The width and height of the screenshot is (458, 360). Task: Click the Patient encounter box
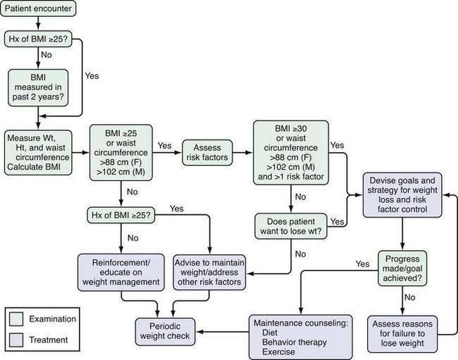pyautogui.click(x=38, y=8)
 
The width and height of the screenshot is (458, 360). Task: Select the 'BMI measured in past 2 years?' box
pyautogui.click(x=38, y=87)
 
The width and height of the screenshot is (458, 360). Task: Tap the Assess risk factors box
pyautogui.click(x=207, y=152)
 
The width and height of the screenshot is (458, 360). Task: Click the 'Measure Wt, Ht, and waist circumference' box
pyautogui.click(x=38, y=152)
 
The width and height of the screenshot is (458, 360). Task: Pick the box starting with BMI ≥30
pyautogui.click(x=290, y=153)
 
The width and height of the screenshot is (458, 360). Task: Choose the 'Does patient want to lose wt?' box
pyautogui.click(x=290, y=226)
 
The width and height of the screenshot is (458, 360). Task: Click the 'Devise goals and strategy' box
pyautogui.click(x=402, y=195)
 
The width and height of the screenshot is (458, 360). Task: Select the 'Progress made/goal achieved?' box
pyautogui.click(x=402, y=268)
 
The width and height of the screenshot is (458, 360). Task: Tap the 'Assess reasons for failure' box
pyautogui.click(x=402, y=334)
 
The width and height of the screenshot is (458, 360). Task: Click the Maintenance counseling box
pyautogui.click(x=301, y=337)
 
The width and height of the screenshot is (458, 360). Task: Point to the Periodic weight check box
pyautogui.click(x=165, y=332)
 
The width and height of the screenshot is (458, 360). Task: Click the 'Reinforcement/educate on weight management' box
pyautogui.click(x=121, y=273)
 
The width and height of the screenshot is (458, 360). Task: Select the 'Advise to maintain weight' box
pyautogui.click(x=209, y=273)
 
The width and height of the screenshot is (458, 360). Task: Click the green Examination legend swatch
pyautogui.click(x=16, y=319)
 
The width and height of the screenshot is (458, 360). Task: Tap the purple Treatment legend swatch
pyautogui.click(x=16, y=340)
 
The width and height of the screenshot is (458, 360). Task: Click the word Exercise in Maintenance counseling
pyautogui.click(x=278, y=352)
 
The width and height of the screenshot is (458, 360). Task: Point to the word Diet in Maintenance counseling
pyautogui.click(x=270, y=333)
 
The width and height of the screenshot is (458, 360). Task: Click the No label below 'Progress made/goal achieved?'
pyautogui.click(x=409, y=297)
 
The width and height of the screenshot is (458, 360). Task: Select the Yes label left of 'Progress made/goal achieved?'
pyautogui.click(x=362, y=264)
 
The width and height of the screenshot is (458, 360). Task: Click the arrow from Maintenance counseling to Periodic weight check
pyautogui.click(x=223, y=332)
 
